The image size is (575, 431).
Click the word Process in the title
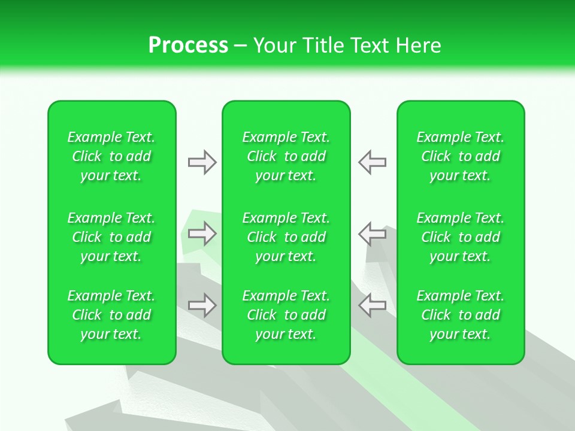tap(188, 45)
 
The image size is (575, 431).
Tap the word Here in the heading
tap(419, 45)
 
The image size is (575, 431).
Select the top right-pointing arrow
tap(202, 162)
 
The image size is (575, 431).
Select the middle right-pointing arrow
tap(202, 233)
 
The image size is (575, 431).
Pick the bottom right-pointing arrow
tap(202, 305)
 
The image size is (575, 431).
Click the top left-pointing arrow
tap(373, 162)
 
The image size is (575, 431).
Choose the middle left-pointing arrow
tap(373, 233)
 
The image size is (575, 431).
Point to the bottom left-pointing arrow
tap(373, 305)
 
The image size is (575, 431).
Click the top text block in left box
tap(111, 156)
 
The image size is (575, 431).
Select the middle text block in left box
tap(111, 237)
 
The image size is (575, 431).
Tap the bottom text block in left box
tap(111, 315)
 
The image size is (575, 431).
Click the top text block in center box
tap(286, 156)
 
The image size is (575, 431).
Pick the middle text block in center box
tap(286, 237)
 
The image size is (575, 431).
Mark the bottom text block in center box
tap(286, 315)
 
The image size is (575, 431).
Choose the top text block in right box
tap(461, 156)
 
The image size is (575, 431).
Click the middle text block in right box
tap(461, 237)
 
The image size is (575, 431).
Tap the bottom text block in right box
tap(461, 315)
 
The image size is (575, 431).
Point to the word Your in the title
tap(275, 45)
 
